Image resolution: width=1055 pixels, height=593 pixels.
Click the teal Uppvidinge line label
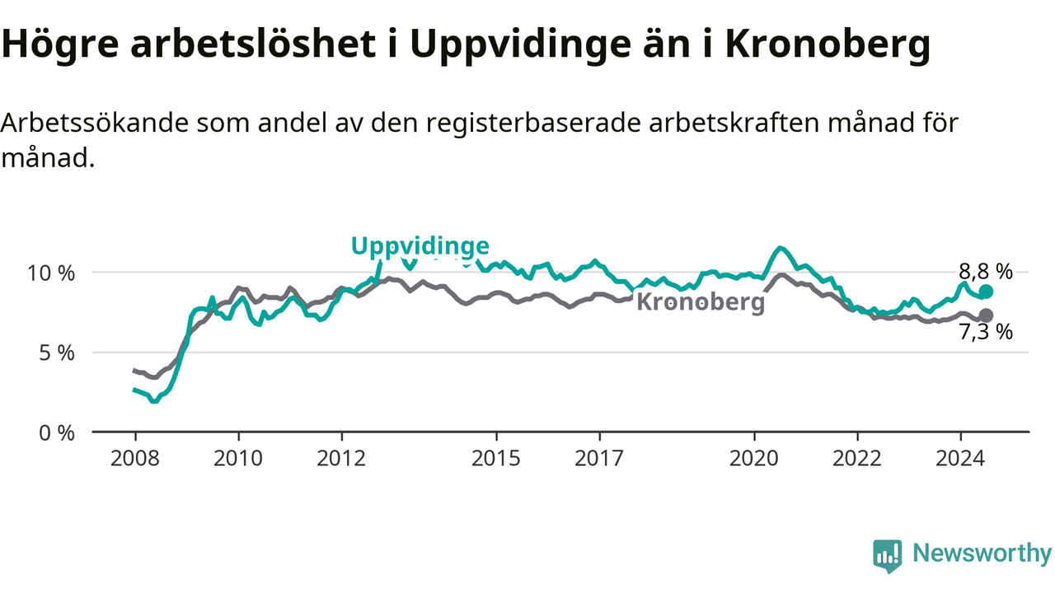(420, 246)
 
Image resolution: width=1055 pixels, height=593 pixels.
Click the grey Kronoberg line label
(701, 301)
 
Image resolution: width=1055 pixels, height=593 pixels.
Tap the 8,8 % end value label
(985, 272)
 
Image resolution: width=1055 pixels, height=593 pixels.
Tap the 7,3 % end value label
(985, 332)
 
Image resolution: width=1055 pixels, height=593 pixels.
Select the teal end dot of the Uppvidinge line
(985, 292)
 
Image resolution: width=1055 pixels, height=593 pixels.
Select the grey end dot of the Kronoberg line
(985, 315)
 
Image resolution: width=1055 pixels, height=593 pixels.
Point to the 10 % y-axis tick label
(51, 273)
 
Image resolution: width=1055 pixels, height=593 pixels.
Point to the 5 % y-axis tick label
(57, 353)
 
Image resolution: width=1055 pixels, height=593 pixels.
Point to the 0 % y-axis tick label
(57, 433)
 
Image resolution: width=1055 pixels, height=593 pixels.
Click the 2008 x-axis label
(134, 459)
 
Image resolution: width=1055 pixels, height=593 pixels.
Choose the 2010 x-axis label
(238, 459)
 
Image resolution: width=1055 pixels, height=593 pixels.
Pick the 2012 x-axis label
(341, 459)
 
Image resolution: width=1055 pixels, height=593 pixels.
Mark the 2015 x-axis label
(496, 459)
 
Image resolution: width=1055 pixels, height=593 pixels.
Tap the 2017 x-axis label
(599, 459)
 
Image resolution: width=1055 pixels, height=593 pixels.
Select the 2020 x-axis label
(754, 459)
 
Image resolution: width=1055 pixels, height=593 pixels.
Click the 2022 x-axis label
(857, 459)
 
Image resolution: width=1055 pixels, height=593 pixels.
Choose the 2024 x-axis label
(960, 459)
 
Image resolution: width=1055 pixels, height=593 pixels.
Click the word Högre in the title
(60, 44)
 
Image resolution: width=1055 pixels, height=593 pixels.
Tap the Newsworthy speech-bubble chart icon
(888, 556)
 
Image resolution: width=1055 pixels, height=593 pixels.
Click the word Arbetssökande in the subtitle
(94, 124)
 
